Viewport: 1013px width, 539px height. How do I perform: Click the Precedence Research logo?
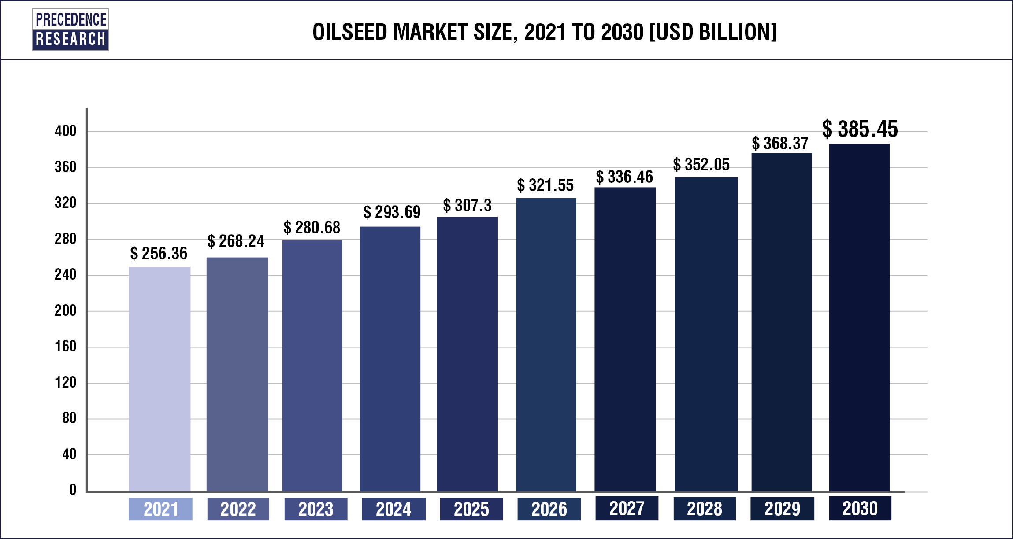(71, 30)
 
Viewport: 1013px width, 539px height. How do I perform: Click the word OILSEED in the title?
(350, 32)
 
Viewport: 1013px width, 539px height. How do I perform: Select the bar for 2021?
(160, 379)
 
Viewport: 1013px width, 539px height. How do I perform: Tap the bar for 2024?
(390, 359)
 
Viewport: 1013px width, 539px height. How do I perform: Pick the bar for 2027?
(625, 339)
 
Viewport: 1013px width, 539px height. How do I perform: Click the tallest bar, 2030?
(859, 317)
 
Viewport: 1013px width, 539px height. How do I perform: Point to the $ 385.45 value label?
(860, 129)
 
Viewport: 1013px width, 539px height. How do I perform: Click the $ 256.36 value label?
(159, 254)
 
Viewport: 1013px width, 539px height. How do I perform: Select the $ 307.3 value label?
(467, 206)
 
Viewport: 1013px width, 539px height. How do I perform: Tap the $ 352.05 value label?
(701, 165)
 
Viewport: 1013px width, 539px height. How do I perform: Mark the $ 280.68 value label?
(312, 228)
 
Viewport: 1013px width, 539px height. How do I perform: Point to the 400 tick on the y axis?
(65, 131)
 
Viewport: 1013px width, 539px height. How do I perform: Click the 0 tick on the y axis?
(73, 490)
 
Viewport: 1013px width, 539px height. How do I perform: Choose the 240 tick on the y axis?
(65, 275)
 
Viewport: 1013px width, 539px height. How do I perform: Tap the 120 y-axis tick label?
(65, 382)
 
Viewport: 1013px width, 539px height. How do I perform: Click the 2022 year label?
(238, 509)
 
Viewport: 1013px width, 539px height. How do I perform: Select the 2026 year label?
(549, 509)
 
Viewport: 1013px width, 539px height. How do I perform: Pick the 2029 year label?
(782, 509)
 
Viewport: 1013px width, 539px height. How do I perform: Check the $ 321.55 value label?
(545, 185)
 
